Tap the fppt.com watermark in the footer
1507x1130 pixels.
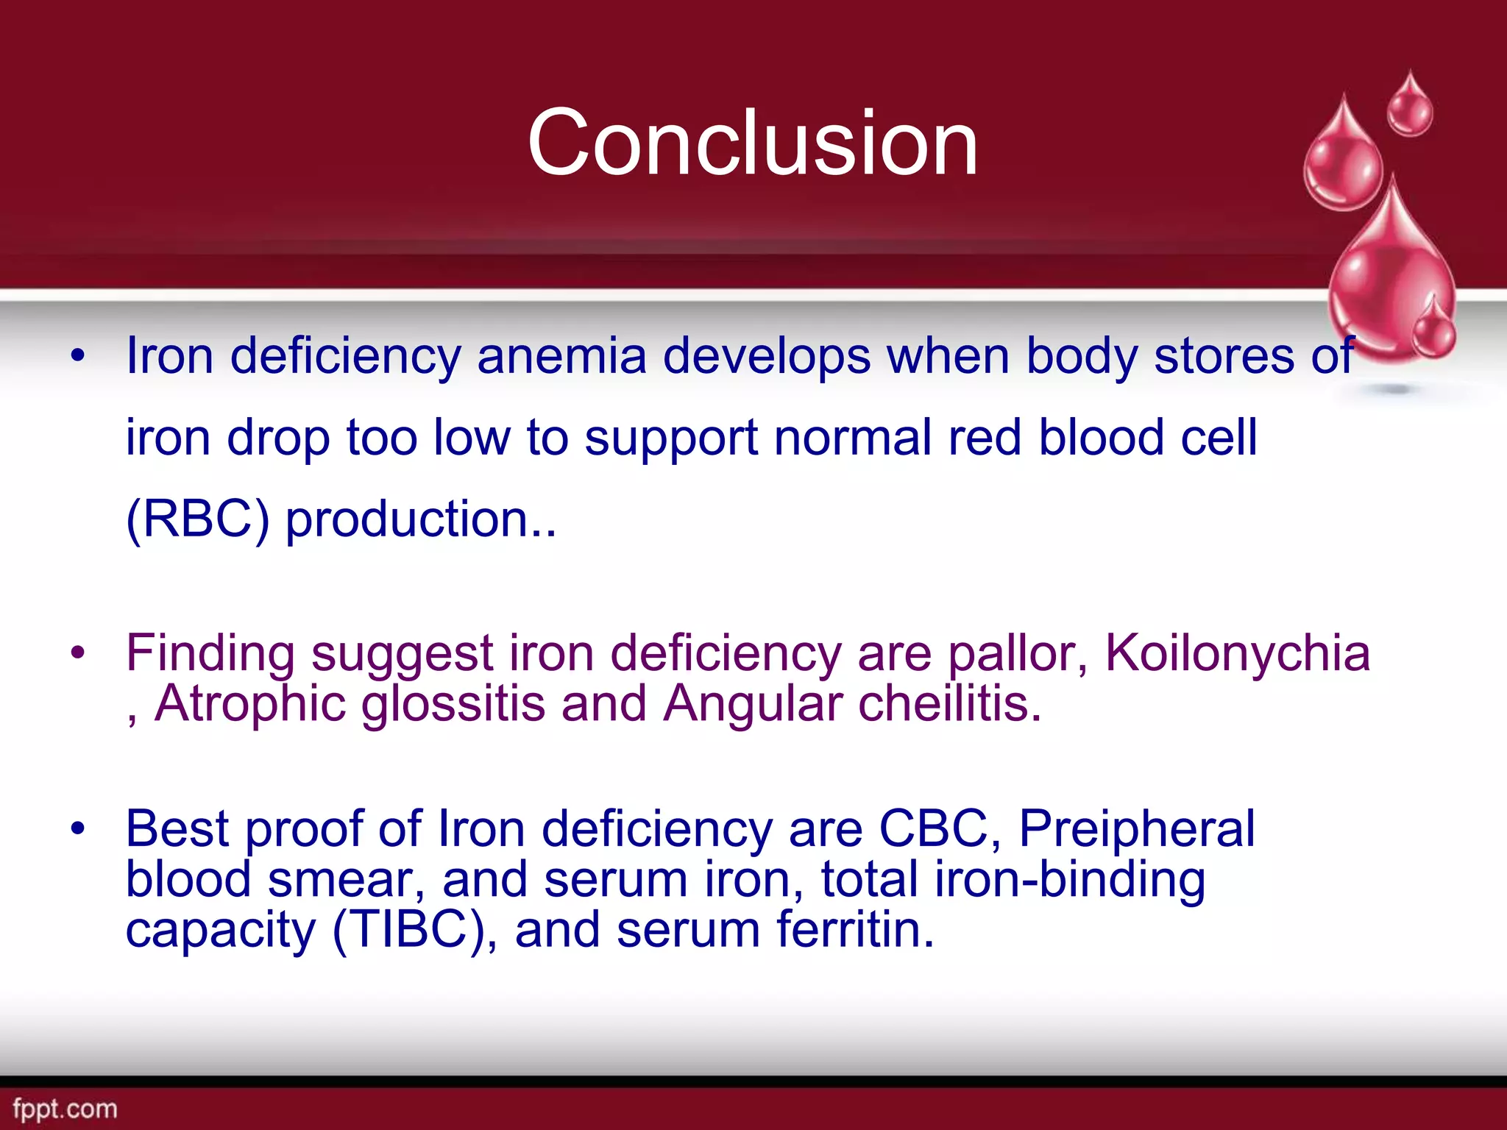[x=65, y=1109]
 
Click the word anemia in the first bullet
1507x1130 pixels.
[x=561, y=356]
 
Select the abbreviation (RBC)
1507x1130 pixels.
[x=198, y=519]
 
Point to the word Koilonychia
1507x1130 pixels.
[x=1238, y=653]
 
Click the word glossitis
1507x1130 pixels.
[x=453, y=704]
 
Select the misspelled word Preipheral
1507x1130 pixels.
[x=1137, y=829]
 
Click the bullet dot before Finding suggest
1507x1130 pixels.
[x=78, y=653]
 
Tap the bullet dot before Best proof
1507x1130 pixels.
[x=78, y=829]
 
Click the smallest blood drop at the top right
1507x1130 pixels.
[x=1410, y=107]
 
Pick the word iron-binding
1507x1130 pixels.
[x=1070, y=880]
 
